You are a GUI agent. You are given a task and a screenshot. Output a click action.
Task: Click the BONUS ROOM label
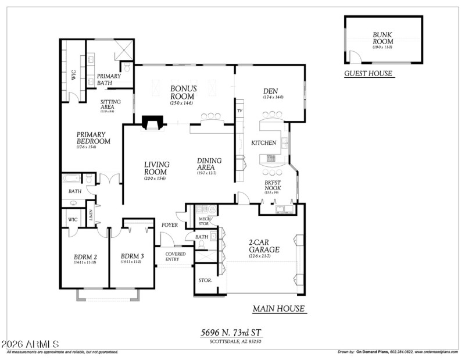(183, 93)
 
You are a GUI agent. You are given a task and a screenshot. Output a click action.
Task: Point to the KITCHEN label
(263, 142)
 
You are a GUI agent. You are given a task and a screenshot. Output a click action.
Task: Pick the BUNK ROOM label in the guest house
(382, 38)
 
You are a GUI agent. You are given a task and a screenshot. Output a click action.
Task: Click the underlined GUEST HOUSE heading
(368, 74)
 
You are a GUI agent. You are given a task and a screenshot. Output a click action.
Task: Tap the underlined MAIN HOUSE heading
(278, 309)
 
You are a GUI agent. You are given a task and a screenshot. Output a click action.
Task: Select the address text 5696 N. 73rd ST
(231, 332)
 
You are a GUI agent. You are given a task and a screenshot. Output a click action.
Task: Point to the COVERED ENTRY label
(176, 257)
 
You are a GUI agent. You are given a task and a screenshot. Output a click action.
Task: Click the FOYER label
(170, 224)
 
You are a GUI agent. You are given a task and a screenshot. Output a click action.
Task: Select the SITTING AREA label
(110, 104)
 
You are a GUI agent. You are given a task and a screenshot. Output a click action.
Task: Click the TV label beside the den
(239, 111)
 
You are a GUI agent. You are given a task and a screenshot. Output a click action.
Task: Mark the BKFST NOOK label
(272, 186)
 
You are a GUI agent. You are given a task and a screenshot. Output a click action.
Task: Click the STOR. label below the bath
(206, 280)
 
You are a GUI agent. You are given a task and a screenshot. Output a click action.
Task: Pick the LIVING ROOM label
(157, 168)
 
